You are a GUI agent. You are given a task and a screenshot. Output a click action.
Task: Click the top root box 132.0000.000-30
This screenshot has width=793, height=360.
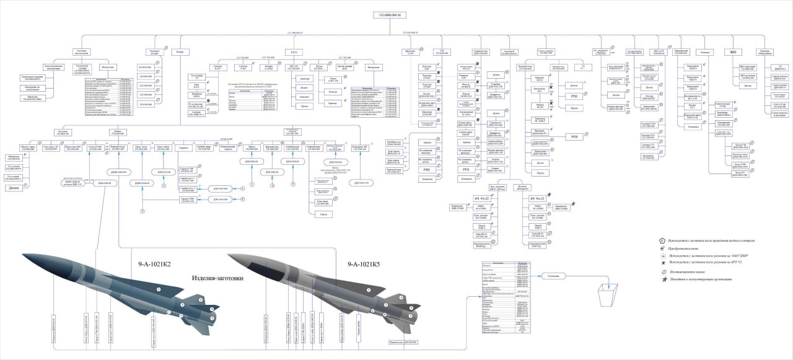389,14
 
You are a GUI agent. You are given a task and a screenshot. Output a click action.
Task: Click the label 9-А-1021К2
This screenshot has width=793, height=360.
154,265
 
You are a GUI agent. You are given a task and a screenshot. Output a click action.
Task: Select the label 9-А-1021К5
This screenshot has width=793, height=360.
364,265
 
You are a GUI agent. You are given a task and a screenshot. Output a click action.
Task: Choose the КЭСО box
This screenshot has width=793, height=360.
294,52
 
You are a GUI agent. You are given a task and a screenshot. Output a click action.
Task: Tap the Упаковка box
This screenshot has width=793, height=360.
704,53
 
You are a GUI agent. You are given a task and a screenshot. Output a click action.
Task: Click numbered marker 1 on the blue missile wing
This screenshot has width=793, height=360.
158,289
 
